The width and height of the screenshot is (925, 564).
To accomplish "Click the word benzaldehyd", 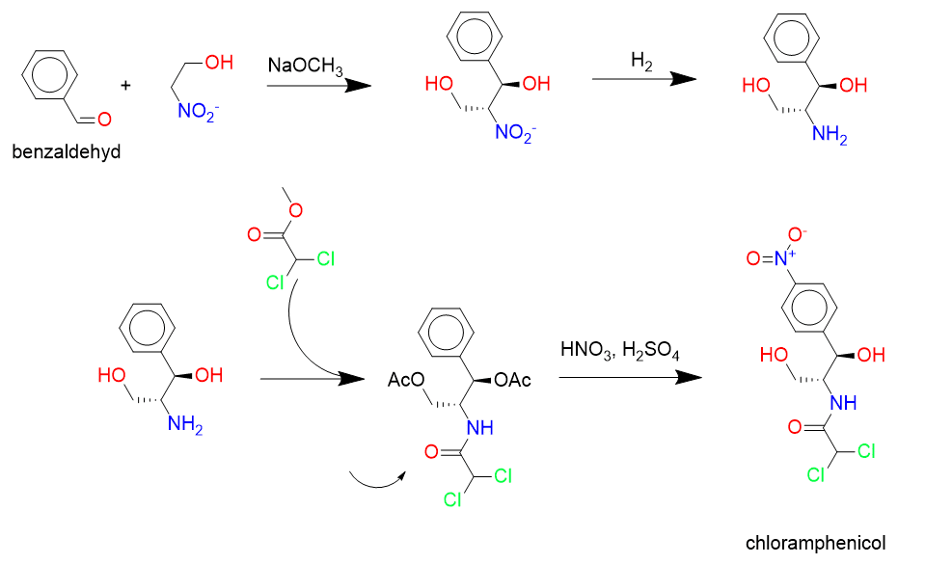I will [x=67, y=151].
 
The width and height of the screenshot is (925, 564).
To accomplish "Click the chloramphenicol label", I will [x=816, y=543].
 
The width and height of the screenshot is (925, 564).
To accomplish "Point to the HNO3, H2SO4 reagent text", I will [x=620, y=351].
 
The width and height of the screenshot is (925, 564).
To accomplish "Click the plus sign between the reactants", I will [x=125, y=85].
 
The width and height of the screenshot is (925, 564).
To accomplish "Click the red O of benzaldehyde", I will [x=104, y=120].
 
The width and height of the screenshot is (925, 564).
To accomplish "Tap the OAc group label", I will [x=513, y=381].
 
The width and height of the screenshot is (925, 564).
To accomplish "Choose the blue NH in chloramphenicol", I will [x=842, y=403].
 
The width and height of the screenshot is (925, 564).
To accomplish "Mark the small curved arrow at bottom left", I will [x=376, y=476].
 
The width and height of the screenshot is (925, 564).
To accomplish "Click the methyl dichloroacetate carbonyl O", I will [x=255, y=233].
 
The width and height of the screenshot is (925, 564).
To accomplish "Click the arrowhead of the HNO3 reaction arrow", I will [x=686, y=377].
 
